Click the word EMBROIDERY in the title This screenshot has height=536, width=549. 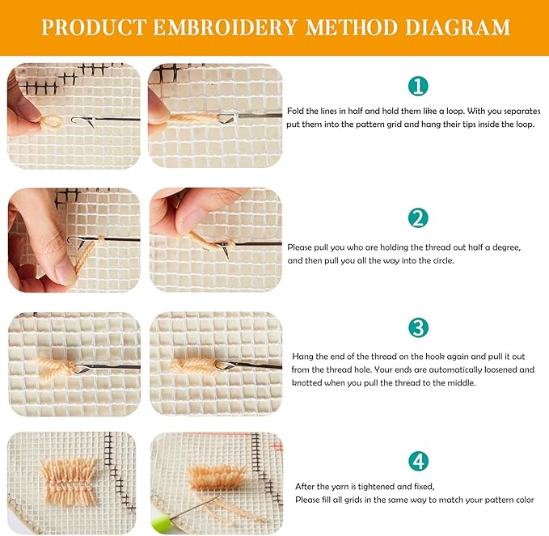[225, 27]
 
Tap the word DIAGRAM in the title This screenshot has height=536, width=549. [458, 27]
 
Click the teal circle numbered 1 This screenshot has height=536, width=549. [418, 86]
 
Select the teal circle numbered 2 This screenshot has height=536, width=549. [418, 217]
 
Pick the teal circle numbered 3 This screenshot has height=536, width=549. [418, 328]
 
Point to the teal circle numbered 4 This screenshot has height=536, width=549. [418, 461]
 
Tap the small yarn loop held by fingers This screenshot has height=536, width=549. [51, 123]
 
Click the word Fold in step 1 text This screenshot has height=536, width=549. [295, 111]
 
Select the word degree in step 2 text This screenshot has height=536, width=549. [506, 247]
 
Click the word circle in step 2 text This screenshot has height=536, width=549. [441, 261]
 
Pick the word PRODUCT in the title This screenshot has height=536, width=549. [94, 27]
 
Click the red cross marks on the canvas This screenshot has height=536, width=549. [278, 446]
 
